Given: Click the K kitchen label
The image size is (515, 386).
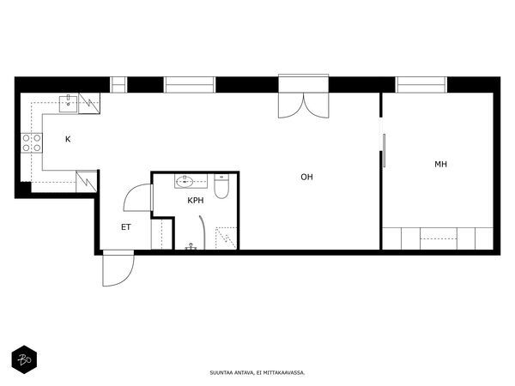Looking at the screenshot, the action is (x=68, y=139).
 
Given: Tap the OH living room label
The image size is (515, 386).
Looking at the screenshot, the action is (x=306, y=178).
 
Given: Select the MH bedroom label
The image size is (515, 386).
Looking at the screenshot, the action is (x=441, y=164).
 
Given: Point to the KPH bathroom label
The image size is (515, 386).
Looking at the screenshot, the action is (x=196, y=200).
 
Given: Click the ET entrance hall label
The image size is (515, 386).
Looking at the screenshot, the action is (x=126, y=226).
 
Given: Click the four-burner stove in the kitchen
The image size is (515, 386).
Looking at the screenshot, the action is (x=32, y=143).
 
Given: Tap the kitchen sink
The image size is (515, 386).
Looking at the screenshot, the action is (x=69, y=104).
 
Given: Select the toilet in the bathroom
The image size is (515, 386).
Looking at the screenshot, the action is (x=221, y=186).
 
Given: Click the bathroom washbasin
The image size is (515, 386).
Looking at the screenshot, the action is (x=185, y=181).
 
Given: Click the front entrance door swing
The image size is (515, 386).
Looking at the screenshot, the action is (x=118, y=268).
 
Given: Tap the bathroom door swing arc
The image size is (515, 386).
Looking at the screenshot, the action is (x=138, y=197).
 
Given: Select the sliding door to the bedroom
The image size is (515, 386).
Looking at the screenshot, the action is (x=384, y=151).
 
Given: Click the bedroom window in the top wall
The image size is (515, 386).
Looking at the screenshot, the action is (x=421, y=85).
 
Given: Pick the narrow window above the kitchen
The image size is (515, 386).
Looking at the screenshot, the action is (x=118, y=85).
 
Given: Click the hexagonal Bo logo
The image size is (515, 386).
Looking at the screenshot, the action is (x=24, y=359).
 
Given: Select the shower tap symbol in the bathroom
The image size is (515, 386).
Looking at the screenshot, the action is (x=191, y=246).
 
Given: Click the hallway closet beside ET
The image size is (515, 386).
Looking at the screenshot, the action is (x=162, y=234).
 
